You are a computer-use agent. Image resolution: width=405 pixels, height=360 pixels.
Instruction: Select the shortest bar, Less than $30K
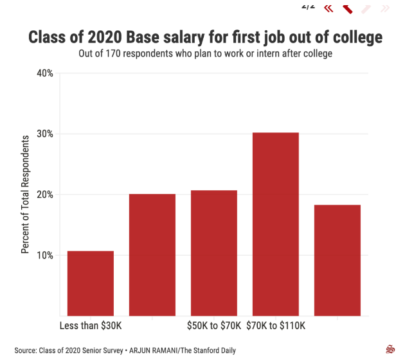(91, 283)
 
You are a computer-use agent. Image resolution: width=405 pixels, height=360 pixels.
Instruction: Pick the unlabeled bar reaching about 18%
(337, 260)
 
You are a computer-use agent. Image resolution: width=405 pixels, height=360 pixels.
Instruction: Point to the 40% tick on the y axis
(45, 73)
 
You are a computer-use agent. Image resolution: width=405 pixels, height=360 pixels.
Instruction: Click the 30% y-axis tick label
(45, 134)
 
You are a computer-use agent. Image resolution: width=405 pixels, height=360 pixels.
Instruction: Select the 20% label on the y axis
(45, 195)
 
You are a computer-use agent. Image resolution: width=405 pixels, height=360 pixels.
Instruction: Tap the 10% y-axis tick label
(45, 255)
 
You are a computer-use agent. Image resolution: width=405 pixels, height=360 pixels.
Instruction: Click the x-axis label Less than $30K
(91, 326)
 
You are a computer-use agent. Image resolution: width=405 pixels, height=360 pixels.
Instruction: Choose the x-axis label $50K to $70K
(214, 326)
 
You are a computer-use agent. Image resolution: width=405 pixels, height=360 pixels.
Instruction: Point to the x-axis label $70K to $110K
(276, 326)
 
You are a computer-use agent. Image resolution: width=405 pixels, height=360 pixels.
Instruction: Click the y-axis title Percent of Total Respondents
(26, 194)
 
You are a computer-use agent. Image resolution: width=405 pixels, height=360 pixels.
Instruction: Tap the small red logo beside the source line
(389, 350)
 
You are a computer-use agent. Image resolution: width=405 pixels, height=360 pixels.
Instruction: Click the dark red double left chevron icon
(328, 8)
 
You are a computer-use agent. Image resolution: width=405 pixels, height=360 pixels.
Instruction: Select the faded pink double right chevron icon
(385, 8)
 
